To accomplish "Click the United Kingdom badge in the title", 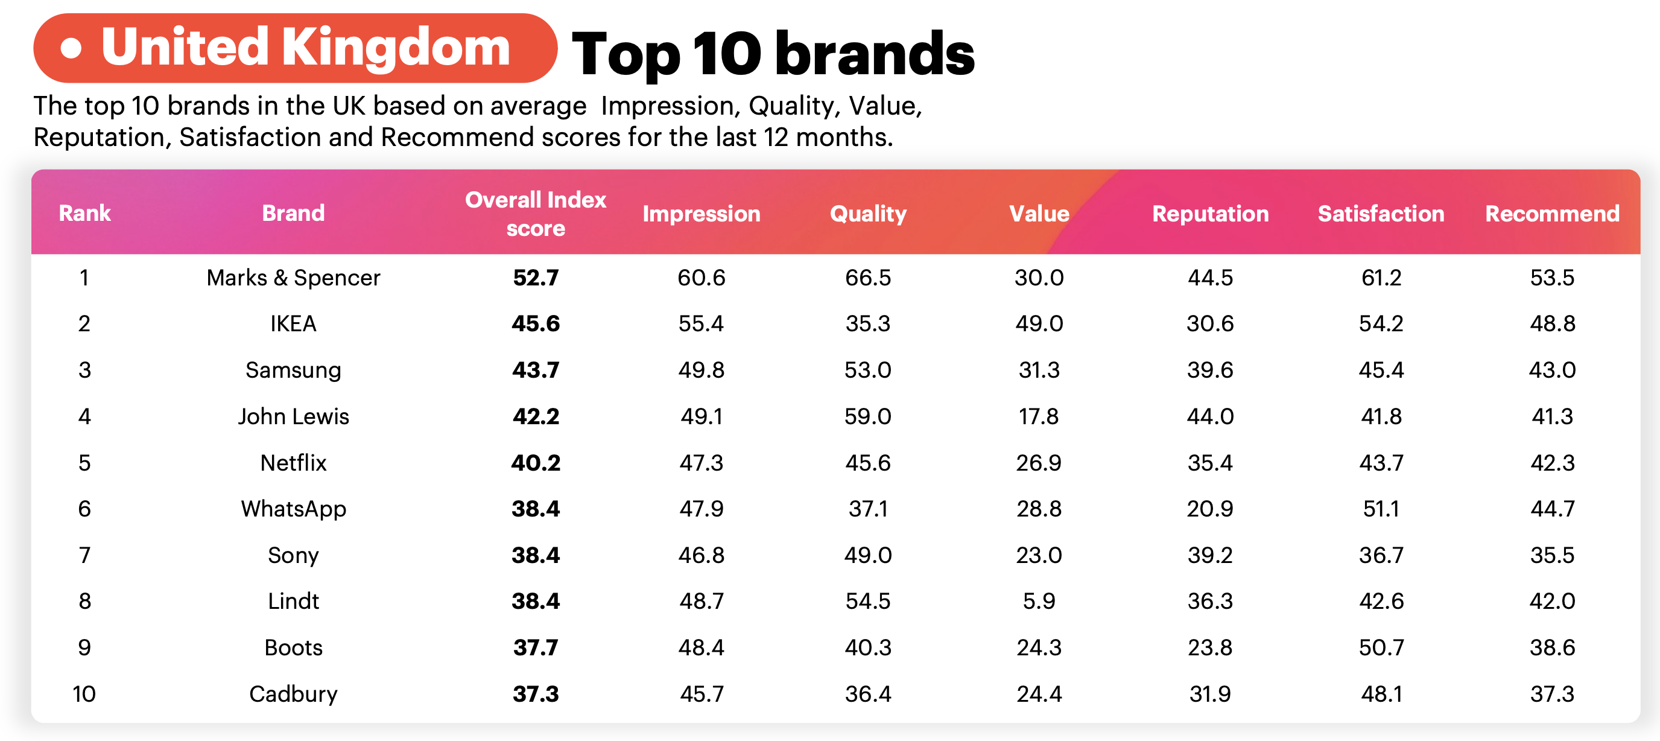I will [x=295, y=48].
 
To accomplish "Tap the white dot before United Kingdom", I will [x=71, y=48].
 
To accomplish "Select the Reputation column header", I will [x=1209, y=214].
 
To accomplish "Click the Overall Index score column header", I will [x=536, y=214].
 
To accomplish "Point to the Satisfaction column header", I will [x=1380, y=214].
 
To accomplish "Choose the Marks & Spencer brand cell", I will [x=293, y=278].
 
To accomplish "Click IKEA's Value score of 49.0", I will [x=1039, y=323].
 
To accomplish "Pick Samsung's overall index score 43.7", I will [x=536, y=369].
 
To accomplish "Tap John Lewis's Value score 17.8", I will [x=1038, y=416].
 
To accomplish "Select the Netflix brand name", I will [x=293, y=462].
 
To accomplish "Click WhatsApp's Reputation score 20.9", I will [x=1209, y=509].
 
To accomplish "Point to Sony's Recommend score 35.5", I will [x=1552, y=555].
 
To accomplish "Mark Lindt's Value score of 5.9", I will [x=1039, y=601].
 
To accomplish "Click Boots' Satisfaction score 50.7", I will [x=1381, y=647].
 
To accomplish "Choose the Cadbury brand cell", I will [x=293, y=694].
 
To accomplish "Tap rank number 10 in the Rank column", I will [x=84, y=694].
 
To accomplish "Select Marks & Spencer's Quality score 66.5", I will [x=867, y=278].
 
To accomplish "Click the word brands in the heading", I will [x=875, y=54].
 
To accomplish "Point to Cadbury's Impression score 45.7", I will [x=702, y=694].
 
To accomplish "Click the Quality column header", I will [x=867, y=214].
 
